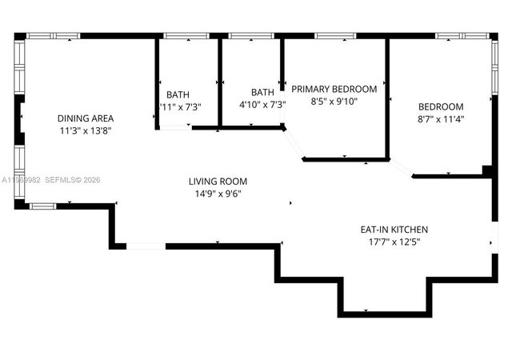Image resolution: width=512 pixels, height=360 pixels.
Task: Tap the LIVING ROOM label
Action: pyautogui.click(x=218, y=182)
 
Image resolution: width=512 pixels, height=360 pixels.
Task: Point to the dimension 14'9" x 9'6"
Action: pyautogui.click(x=218, y=194)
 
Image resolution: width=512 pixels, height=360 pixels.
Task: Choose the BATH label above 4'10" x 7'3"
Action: pyautogui.click(x=262, y=92)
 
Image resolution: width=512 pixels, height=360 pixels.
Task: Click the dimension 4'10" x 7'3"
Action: pyautogui.click(x=262, y=105)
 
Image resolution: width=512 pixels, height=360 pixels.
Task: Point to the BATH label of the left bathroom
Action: pyautogui.click(x=178, y=94)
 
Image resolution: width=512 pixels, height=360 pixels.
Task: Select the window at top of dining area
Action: pyautogui.click(x=53, y=36)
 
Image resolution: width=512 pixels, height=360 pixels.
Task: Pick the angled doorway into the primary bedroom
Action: pyautogui.click(x=294, y=144)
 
